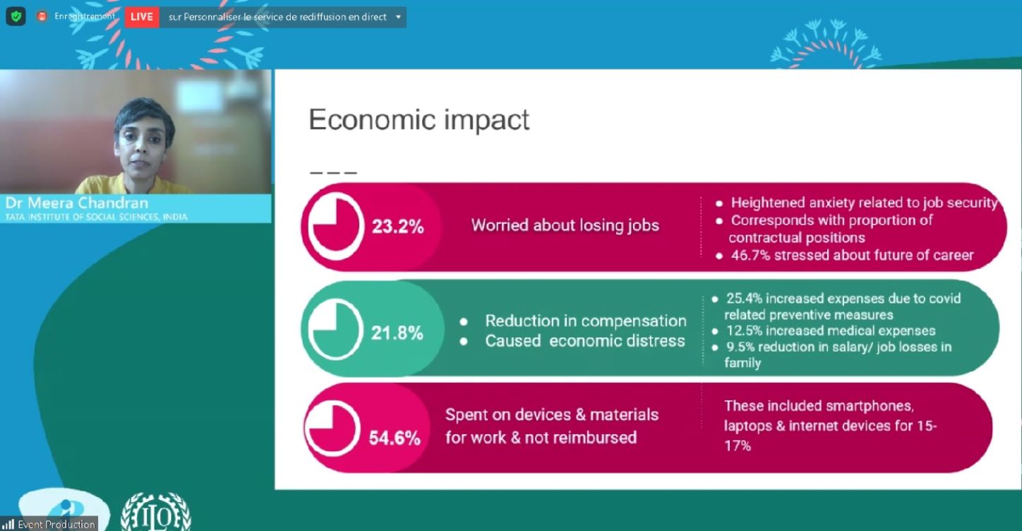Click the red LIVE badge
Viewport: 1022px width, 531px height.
point(141,17)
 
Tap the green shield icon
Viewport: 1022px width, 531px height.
point(16,17)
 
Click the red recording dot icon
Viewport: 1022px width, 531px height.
point(42,16)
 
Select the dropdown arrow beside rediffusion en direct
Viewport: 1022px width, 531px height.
point(398,18)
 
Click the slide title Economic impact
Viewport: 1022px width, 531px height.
point(419,119)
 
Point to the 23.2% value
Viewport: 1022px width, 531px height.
point(397,227)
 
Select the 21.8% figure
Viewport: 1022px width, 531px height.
point(397,333)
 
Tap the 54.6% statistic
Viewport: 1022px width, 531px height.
point(395,438)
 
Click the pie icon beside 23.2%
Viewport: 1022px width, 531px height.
point(336,226)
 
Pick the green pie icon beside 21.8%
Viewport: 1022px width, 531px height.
point(336,329)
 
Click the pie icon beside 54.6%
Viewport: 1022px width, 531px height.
point(332,429)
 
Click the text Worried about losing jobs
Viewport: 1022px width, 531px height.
point(565,225)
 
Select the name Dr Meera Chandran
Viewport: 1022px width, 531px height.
point(77,203)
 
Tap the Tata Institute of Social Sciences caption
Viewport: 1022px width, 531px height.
point(96,217)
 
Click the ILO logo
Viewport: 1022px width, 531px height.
point(155,512)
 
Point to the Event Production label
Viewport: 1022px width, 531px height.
point(56,524)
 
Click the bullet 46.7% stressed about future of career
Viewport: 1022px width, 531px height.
point(852,255)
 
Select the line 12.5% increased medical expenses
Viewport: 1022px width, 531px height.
point(830,330)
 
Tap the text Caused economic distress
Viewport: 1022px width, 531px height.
point(585,341)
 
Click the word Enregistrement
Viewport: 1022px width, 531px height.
point(85,16)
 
